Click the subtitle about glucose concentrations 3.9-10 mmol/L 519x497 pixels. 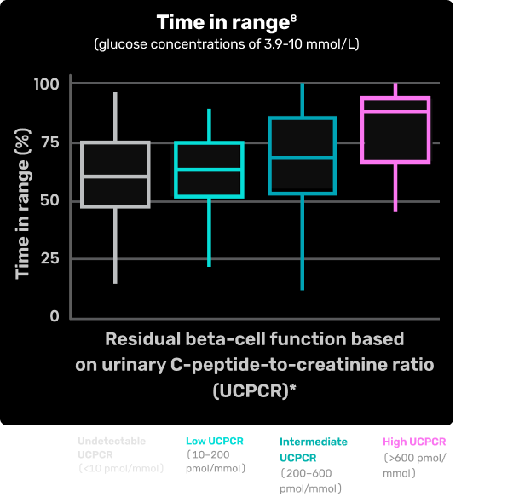pos(227,44)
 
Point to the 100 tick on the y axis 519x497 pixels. pos(47,84)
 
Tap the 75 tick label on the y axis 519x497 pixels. pos(50,142)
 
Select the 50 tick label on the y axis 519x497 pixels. pos(50,200)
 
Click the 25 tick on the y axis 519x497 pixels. pos(50,258)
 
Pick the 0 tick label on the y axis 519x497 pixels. pos(55,316)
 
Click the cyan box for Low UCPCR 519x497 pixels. pos(209,170)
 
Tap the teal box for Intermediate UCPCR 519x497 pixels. pos(303,155)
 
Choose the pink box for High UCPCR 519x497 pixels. pos(395,130)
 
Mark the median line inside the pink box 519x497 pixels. pos(395,112)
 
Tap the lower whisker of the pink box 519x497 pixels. pos(395,187)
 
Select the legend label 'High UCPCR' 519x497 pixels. pos(415,442)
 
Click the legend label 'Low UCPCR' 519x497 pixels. pos(214,442)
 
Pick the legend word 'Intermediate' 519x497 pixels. pos(314,442)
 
